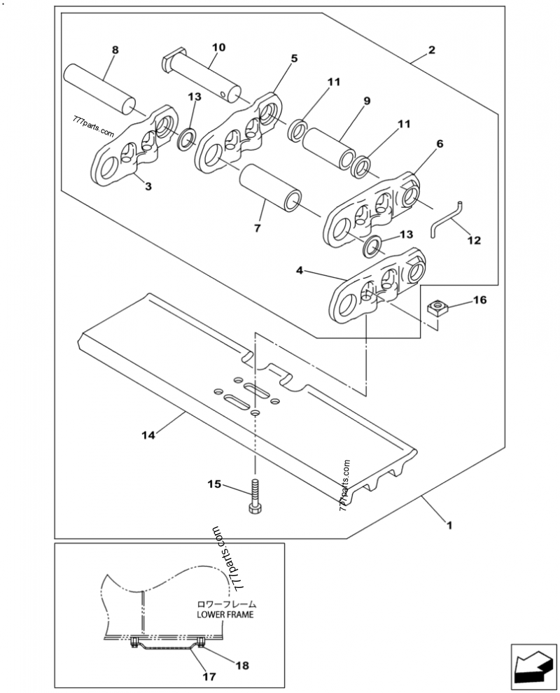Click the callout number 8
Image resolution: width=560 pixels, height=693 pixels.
click(115, 50)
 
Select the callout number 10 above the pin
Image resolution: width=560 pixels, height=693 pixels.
click(218, 48)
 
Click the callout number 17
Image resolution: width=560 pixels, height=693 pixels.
click(208, 677)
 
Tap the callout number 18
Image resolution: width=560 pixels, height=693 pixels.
click(241, 665)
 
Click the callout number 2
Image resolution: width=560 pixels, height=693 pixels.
click(432, 50)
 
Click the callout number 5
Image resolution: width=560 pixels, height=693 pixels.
click(294, 59)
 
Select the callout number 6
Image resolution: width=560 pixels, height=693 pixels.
click(439, 143)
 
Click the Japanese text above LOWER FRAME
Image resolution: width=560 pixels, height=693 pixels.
click(225, 603)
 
